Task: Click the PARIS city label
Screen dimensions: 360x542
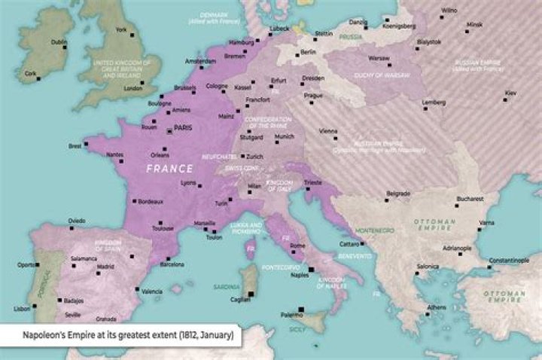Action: [x=183, y=128]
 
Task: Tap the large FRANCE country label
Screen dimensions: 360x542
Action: [x=171, y=168]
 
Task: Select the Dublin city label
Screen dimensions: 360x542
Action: [x=59, y=42]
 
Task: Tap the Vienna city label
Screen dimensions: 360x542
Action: [x=328, y=130]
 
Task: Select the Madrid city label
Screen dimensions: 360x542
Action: [x=105, y=267]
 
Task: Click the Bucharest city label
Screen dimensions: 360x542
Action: [x=468, y=199]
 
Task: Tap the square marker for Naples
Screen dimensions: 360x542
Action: [x=311, y=269]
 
